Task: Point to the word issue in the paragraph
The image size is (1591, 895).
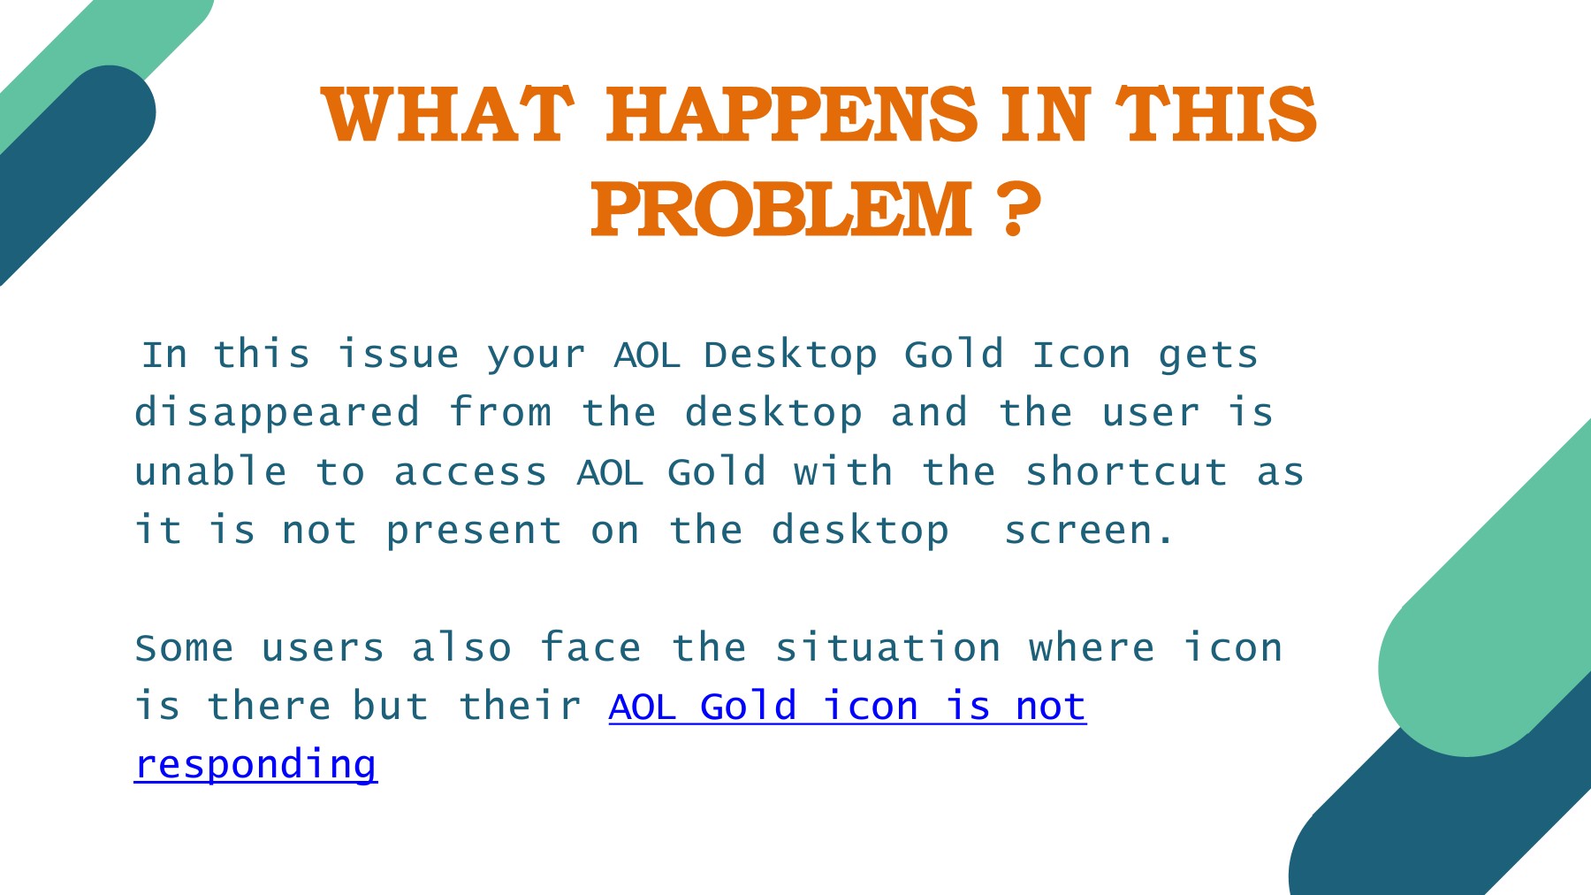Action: point(399,356)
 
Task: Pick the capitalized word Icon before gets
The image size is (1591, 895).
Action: point(1082,356)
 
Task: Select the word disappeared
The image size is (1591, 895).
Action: point(278,414)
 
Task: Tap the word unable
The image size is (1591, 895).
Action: point(211,471)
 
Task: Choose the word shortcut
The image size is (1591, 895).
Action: point(1127,471)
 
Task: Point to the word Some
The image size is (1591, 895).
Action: point(185,648)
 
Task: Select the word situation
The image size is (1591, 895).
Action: point(888,647)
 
